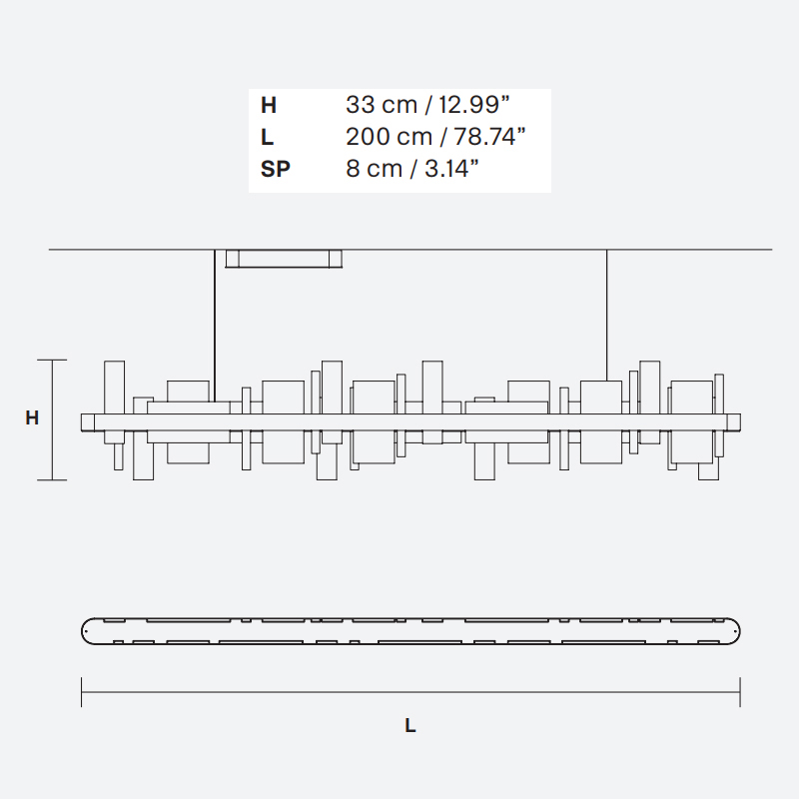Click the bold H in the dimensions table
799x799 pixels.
click(269, 106)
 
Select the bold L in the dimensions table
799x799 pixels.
click(268, 137)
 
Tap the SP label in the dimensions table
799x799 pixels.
click(276, 169)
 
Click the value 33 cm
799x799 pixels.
click(382, 105)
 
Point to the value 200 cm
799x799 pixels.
click(389, 137)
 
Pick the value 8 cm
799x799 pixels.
click(374, 168)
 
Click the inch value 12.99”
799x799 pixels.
click(473, 105)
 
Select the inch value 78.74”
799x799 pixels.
click(489, 137)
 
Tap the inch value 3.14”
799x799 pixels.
click(452, 168)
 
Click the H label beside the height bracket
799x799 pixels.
click(32, 417)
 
